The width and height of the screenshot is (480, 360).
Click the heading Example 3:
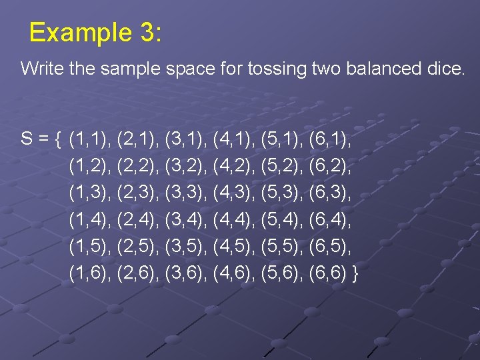pos(95,33)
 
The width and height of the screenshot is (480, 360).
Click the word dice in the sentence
pos(445,69)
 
